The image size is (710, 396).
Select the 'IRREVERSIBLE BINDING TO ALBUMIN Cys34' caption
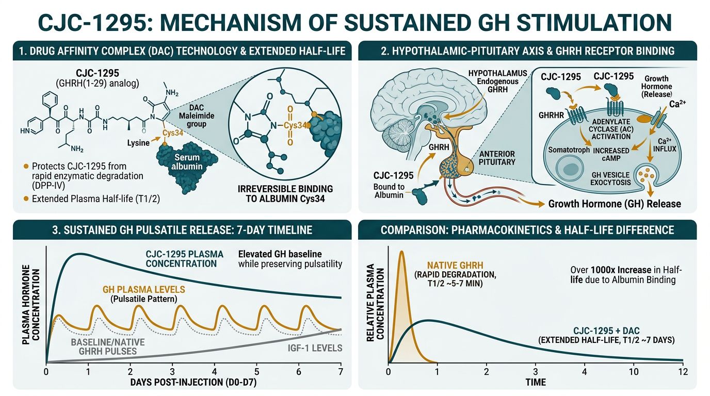coord(282,194)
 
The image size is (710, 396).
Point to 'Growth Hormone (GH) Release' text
coord(615,204)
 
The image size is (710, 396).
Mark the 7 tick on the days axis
coord(341,372)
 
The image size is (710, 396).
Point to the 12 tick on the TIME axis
coord(683,372)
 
